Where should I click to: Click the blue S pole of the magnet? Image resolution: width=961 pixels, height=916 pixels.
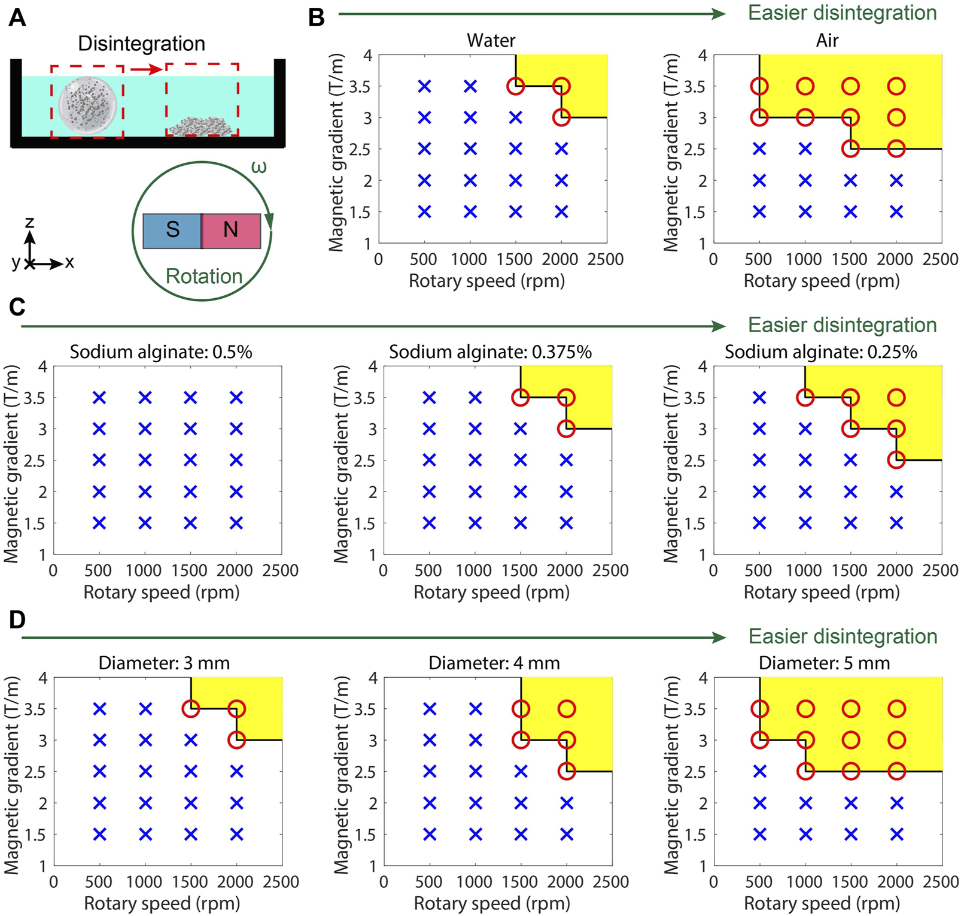click(x=172, y=230)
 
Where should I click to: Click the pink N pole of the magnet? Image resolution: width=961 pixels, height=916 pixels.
click(x=231, y=230)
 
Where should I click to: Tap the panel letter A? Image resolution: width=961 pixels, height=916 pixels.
click(x=17, y=17)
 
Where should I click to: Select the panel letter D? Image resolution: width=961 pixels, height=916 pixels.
click(x=17, y=620)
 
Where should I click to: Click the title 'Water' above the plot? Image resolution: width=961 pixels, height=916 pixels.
click(x=491, y=41)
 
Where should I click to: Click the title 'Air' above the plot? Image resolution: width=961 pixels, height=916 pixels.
click(x=827, y=41)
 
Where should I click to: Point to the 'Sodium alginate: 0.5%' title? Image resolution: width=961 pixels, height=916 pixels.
click(x=161, y=352)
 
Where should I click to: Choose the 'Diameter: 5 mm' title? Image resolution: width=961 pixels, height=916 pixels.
click(x=824, y=663)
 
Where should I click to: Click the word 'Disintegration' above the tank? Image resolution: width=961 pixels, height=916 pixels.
click(x=142, y=44)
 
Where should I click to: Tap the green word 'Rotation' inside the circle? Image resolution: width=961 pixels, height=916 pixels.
click(x=203, y=277)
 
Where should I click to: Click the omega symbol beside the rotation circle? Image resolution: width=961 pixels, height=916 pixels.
click(x=259, y=167)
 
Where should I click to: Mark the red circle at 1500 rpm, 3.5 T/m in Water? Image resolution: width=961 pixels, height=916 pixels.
click(x=515, y=86)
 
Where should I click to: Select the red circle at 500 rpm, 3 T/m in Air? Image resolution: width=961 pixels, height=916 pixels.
click(x=759, y=117)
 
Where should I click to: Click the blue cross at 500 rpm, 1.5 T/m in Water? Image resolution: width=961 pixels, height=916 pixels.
click(x=424, y=211)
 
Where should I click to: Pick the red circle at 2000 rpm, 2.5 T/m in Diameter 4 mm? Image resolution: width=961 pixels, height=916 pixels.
click(x=566, y=772)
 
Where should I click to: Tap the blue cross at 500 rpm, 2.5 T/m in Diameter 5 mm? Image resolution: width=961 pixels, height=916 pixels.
click(x=759, y=772)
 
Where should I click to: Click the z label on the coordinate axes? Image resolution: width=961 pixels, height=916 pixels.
click(x=29, y=223)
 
